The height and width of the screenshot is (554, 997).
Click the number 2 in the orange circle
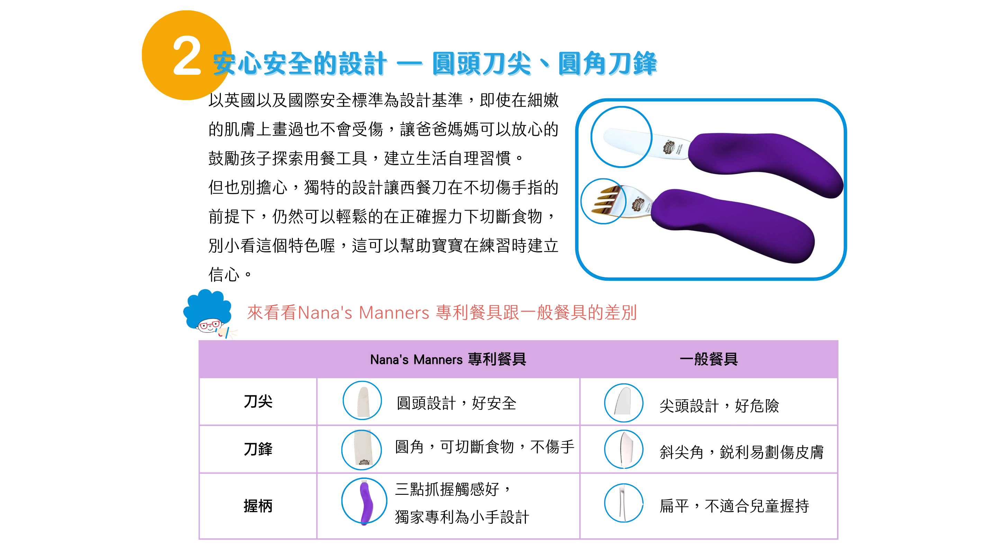click(187, 56)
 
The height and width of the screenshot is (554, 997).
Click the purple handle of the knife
click(764, 163)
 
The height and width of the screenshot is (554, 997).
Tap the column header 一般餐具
click(708, 359)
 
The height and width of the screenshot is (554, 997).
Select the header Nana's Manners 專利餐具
click(448, 359)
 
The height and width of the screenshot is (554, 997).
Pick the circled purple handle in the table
click(364, 501)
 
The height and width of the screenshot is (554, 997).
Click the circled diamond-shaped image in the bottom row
click(623, 503)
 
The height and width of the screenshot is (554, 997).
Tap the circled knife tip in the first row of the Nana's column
click(362, 401)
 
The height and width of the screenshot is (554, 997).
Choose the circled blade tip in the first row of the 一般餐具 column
click(623, 403)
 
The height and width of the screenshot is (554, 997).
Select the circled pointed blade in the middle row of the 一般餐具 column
click(623, 449)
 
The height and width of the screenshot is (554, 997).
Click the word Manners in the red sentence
click(394, 313)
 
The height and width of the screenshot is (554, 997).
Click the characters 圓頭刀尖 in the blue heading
click(482, 64)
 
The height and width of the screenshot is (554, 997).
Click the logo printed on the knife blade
click(668, 147)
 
